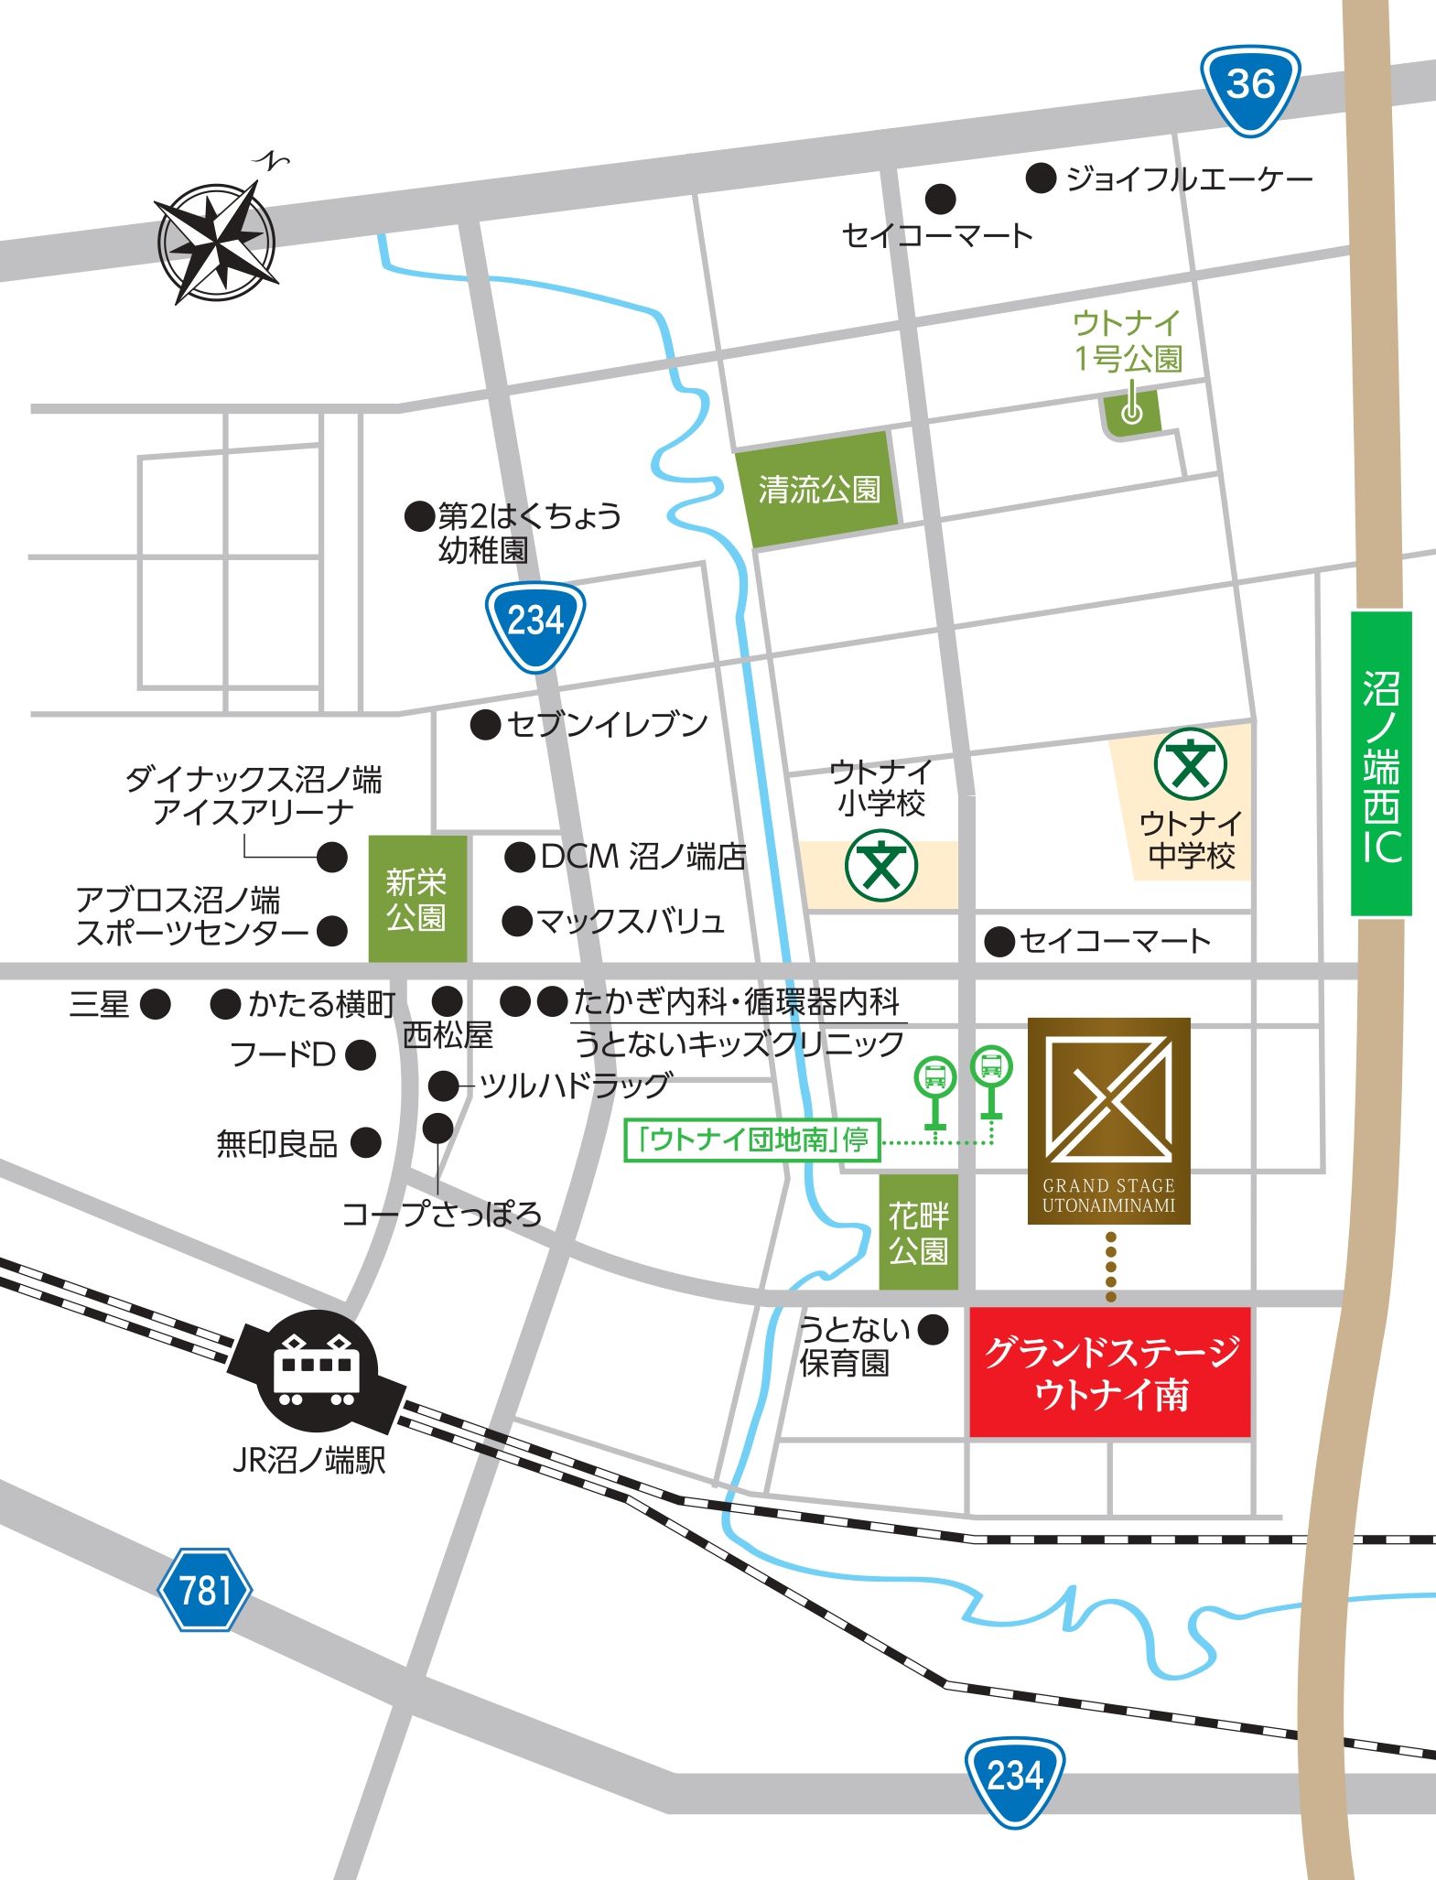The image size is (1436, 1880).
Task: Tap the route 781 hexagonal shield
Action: click(205, 1589)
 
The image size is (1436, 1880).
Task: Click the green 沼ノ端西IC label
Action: click(1381, 763)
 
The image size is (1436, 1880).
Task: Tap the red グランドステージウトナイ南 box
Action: click(1109, 1372)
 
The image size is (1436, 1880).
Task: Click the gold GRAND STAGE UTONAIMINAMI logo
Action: click(1108, 1120)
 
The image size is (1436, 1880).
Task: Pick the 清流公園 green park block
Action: click(818, 490)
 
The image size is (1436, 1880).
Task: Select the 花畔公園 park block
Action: click(918, 1232)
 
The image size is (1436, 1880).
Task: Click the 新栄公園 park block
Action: click(417, 898)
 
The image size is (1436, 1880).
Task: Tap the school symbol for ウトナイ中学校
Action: click(1190, 763)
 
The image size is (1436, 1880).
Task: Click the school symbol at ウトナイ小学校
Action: click(880, 865)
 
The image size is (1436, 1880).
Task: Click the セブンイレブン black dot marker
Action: click(485, 725)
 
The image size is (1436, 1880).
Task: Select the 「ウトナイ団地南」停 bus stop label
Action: click(751, 1140)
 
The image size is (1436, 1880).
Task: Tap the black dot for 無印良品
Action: click(366, 1141)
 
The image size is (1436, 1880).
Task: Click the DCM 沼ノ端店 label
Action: click(642, 857)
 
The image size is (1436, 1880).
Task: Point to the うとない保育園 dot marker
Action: click(933, 1329)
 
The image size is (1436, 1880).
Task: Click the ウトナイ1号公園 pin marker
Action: click(1132, 411)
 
